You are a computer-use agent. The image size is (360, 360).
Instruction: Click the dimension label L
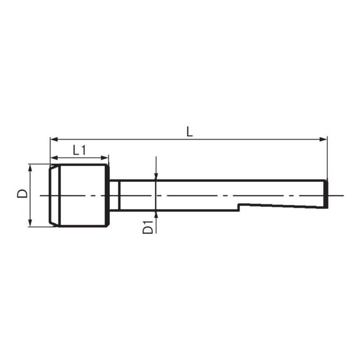click(189, 132)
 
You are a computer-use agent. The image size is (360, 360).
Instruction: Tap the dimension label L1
click(80, 150)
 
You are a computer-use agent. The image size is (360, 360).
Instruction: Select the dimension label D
click(22, 193)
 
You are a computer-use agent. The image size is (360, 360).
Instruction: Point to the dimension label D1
click(148, 227)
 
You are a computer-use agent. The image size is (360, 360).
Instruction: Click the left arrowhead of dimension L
click(54, 139)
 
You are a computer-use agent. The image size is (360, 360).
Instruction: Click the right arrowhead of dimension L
click(323, 139)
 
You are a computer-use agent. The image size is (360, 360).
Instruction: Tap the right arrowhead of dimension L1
click(104, 158)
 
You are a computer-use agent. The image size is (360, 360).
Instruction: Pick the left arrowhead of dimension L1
click(54, 158)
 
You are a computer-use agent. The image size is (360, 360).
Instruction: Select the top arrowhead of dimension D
click(30, 168)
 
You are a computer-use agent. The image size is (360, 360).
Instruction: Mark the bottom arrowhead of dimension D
click(30, 223)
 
